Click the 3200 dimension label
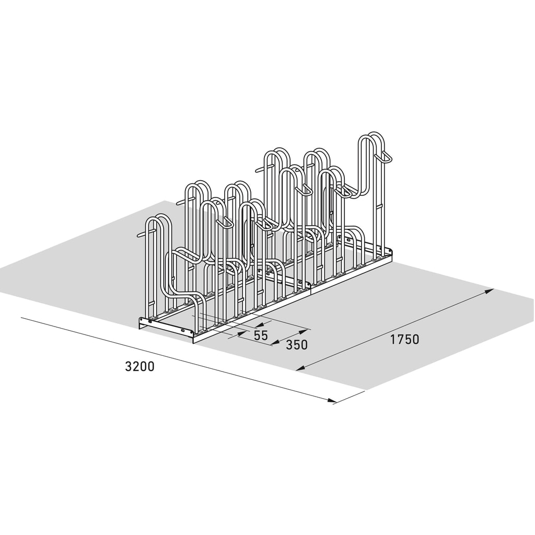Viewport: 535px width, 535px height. click(x=139, y=366)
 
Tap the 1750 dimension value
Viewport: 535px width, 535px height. click(x=404, y=339)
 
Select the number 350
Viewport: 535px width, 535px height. click(x=297, y=345)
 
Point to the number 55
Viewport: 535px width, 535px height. click(x=261, y=335)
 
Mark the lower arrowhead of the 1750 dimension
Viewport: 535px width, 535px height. click(x=300, y=367)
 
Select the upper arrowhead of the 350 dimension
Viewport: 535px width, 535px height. click(x=303, y=331)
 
